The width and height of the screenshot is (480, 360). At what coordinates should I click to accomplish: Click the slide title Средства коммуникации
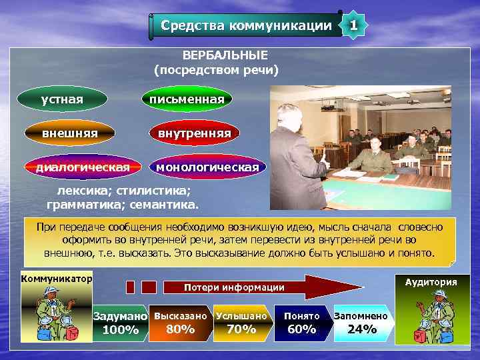(246, 26)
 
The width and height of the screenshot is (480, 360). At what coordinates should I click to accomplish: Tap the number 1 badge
(353, 25)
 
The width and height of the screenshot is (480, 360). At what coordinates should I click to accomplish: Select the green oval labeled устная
(63, 99)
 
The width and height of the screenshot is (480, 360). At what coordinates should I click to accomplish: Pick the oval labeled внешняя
(70, 133)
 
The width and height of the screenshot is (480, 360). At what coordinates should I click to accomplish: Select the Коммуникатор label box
(57, 278)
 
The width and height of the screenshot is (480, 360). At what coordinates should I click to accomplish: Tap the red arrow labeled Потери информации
(267, 287)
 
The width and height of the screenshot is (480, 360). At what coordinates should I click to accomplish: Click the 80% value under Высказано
(180, 329)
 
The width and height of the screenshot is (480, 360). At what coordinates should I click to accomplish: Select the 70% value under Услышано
(241, 329)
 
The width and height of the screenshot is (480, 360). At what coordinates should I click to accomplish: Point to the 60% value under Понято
(301, 329)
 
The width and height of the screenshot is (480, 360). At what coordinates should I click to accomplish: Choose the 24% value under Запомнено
(362, 329)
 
